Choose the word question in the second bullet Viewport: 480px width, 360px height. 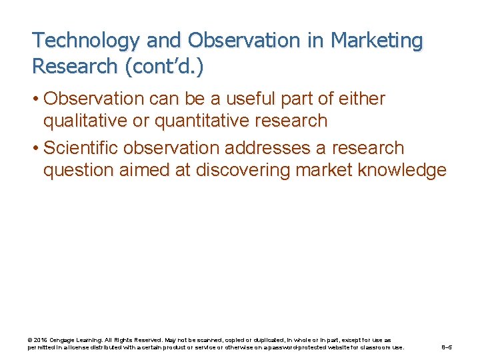tap(79, 170)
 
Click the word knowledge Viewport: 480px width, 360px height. tap(402, 170)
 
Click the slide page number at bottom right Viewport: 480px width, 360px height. tap(447, 347)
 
